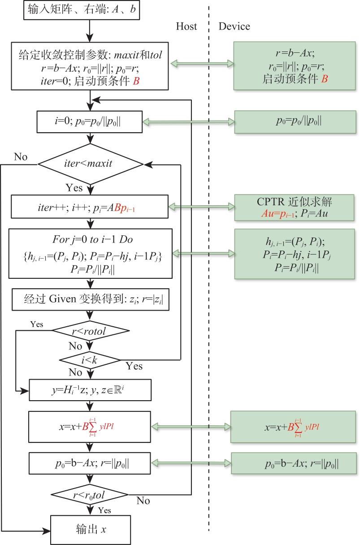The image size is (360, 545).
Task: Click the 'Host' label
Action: [x=187, y=26]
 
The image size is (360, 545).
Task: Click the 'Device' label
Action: [x=234, y=26]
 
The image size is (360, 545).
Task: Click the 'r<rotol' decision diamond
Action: [x=91, y=332]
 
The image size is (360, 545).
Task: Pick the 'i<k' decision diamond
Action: [x=91, y=359]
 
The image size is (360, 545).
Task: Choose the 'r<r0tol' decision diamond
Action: [x=91, y=495]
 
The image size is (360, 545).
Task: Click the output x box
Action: [x=91, y=530]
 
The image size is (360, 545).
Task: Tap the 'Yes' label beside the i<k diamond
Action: [x=134, y=367]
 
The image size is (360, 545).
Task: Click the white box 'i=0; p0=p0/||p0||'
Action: [x=91, y=121]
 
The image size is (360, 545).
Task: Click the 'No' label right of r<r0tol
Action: [x=143, y=501]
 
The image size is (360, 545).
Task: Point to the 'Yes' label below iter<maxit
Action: [x=74, y=187]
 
